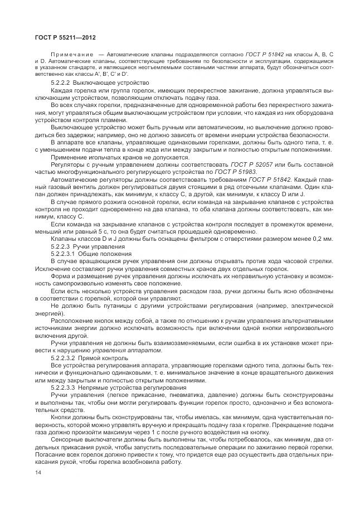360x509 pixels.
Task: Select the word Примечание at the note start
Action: click(68, 53)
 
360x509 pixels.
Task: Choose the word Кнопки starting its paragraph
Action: click(62, 416)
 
